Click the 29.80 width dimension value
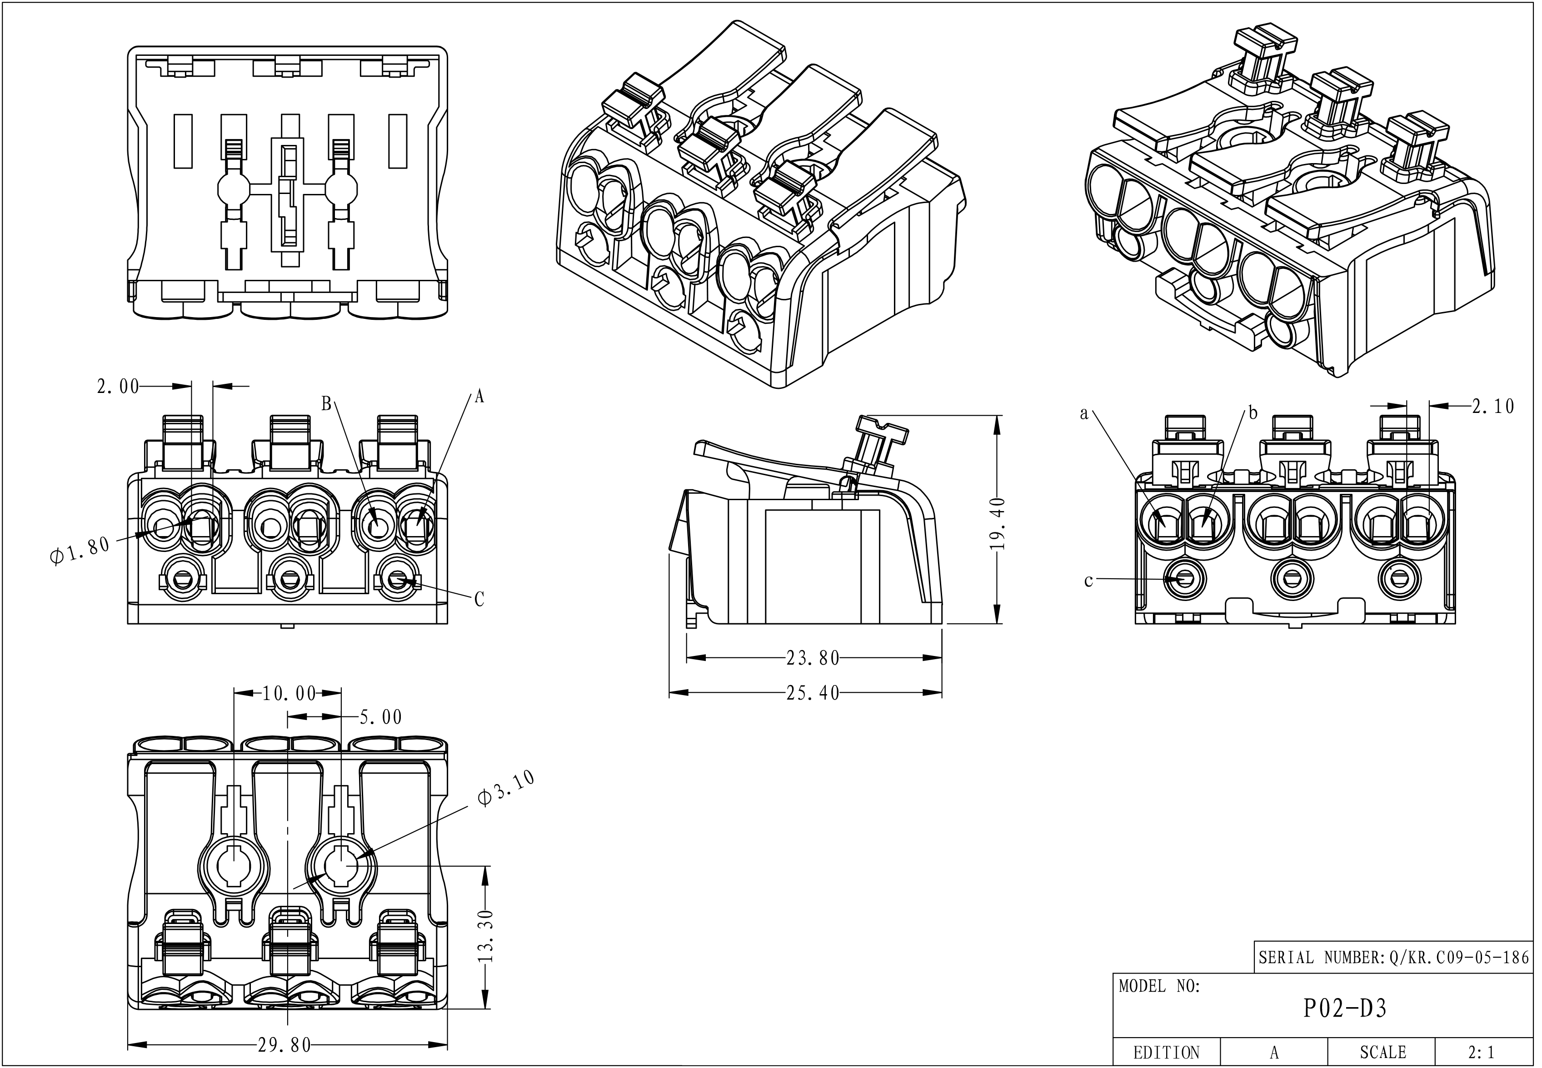click(285, 1044)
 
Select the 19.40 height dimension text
click(997, 524)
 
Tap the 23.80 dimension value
click(813, 658)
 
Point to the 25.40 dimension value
click(813, 693)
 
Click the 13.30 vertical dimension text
click(487, 935)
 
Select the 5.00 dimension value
click(381, 717)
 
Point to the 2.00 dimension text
click(118, 386)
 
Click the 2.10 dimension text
click(1493, 406)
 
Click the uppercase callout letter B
click(327, 403)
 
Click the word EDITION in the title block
click(1167, 1053)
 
